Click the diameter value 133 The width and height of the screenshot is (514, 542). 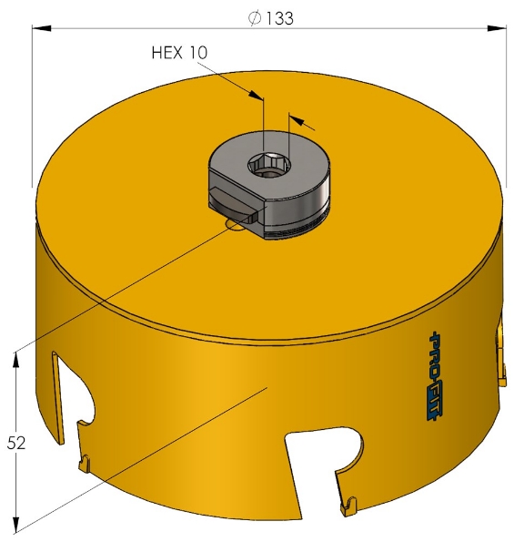click(279, 18)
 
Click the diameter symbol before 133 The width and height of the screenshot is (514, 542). click(256, 18)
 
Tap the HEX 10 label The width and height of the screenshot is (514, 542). click(179, 53)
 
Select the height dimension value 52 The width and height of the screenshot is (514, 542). click(15, 443)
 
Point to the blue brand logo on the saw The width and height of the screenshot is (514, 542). click(434, 376)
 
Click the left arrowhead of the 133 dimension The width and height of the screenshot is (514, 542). click(41, 28)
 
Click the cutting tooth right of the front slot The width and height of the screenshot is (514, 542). click(349, 502)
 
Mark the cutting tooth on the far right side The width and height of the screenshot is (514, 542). click(499, 351)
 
